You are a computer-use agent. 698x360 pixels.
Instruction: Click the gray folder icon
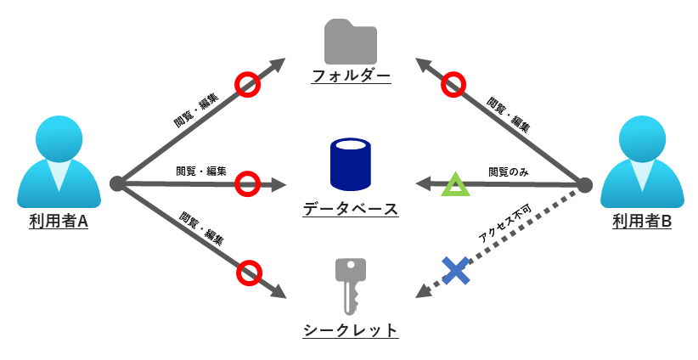(x=350, y=41)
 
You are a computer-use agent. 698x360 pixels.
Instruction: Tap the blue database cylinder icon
(x=350, y=165)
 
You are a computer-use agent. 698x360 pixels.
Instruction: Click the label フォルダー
(x=350, y=76)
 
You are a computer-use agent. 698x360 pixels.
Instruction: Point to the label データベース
(x=350, y=209)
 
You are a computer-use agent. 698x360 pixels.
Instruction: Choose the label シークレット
(x=350, y=330)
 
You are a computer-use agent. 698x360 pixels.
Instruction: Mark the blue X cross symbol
(x=455, y=271)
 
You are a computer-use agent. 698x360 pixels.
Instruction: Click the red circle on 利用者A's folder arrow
(x=247, y=84)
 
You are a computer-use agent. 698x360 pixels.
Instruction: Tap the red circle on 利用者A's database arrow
(x=246, y=183)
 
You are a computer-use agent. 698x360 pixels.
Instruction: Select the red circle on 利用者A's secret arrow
(x=248, y=273)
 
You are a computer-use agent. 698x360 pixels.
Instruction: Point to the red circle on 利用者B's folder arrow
(x=454, y=84)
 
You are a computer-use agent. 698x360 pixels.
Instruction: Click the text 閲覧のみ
(x=509, y=172)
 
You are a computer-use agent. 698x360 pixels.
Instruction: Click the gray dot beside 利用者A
(x=116, y=183)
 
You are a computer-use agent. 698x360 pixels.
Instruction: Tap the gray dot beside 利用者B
(x=584, y=184)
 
